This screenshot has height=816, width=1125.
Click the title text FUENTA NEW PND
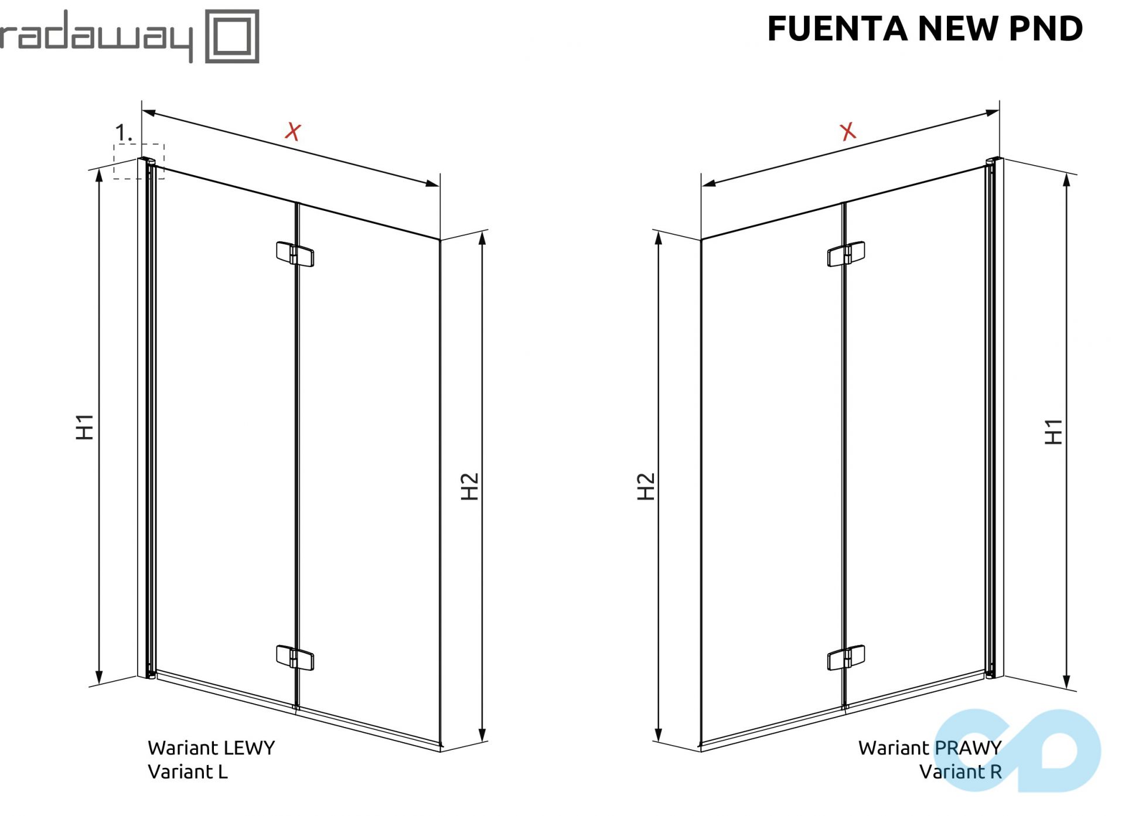click(925, 29)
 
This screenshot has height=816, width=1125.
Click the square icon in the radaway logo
click(232, 36)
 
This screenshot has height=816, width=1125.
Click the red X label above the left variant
click(293, 131)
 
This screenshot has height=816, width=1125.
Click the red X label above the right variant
click(848, 131)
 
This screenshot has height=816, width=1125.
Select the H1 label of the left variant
click(85, 426)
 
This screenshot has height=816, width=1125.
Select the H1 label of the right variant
click(1054, 432)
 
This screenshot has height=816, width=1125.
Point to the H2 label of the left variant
click(469, 486)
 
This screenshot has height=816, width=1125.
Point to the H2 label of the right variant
click(646, 486)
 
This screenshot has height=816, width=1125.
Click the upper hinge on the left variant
click(295, 254)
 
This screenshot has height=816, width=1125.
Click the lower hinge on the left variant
click(295, 657)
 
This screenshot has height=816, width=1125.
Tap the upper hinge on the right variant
click(846, 254)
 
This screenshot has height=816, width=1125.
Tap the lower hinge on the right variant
click(846, 657)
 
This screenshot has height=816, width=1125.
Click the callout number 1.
click(124, 133)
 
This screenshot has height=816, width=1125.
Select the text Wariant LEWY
click(211, 748)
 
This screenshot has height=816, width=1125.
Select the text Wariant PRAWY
click(930, 748)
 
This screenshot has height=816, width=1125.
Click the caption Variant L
click(187, 772)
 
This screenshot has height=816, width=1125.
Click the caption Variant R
click(960, 772)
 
